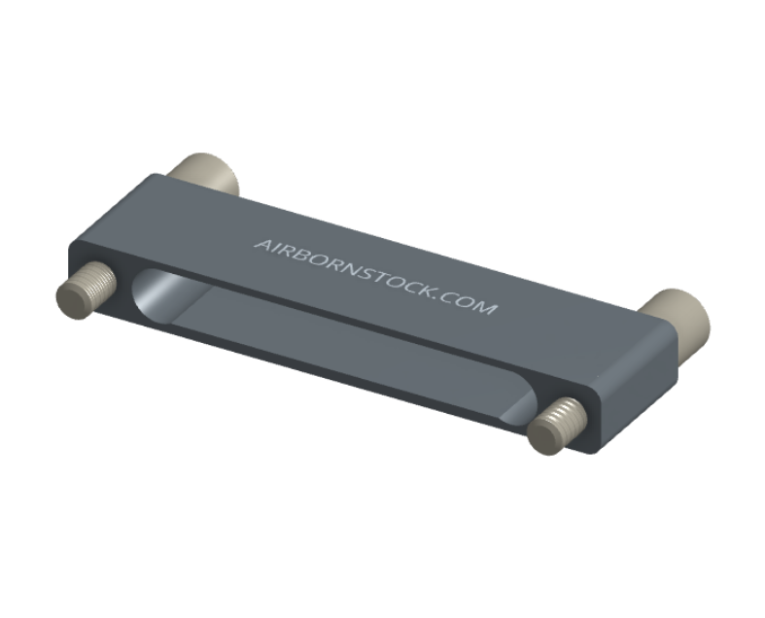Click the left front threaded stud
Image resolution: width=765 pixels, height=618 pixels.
(x=86, y=290)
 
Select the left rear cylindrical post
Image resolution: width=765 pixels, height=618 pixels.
(x=207, y=173)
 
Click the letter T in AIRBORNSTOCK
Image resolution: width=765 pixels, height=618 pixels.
(x=379, y=276)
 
